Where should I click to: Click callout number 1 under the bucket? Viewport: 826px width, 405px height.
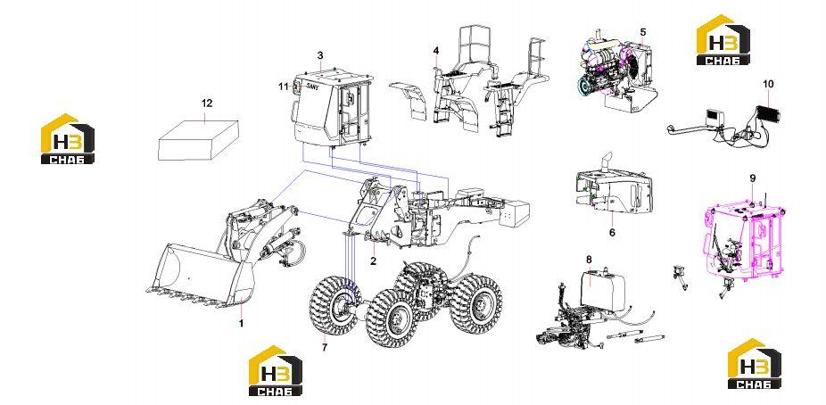[241, 323]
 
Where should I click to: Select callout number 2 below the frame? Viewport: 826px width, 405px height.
[373, 260]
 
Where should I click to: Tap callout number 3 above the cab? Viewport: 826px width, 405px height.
[320, 55]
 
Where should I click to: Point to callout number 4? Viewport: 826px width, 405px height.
[436, 51]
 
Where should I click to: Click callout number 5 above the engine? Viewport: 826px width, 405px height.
[643, 31]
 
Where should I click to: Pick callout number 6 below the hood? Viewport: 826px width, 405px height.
[612, 232]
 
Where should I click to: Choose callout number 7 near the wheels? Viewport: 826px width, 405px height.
[325, 347]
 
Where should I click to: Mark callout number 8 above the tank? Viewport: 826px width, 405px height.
[589, 259]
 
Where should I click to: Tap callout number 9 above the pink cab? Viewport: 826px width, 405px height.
[753, 178]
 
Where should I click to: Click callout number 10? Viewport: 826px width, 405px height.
[768, 84]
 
